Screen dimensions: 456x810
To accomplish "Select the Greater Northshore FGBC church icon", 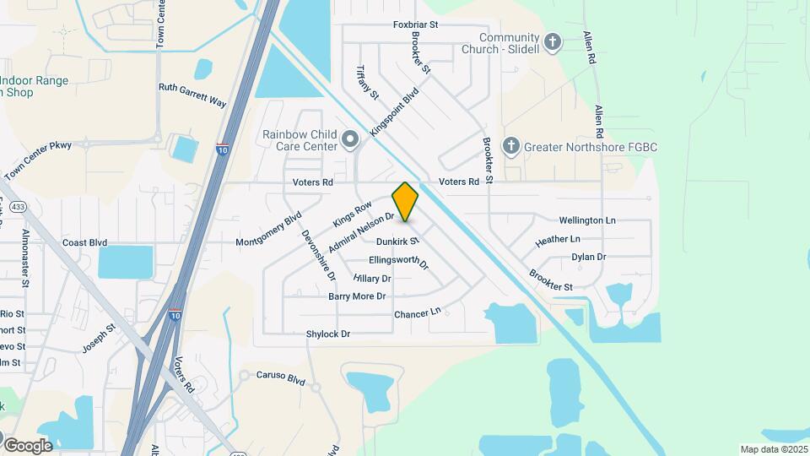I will click(510, 147).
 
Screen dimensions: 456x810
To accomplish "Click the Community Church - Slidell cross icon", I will click(553, 42).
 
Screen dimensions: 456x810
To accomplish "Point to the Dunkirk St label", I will click(397, 242).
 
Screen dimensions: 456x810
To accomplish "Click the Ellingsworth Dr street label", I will click(399, 261).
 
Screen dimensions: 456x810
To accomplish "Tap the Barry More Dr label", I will click(357, 296).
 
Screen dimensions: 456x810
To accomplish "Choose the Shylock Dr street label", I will click(327, 334).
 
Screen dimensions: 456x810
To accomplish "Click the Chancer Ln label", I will click(418, 313).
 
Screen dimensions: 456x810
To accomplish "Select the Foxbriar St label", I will click(416, 25).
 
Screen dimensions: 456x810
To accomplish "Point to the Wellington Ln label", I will click(587, 220).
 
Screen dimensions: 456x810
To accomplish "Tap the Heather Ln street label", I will click(558, 240).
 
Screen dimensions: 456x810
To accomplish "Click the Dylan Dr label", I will click(589, 257).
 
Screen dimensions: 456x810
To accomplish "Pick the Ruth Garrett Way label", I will click(192, 94).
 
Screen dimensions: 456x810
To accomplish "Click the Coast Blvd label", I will click(84, 242).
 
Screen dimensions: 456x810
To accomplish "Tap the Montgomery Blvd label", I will click(269, 230).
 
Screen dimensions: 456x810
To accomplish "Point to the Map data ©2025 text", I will click(774, 449).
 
